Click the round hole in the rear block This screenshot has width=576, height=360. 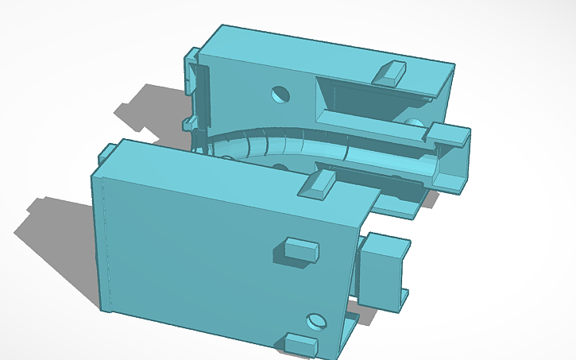tap(280, 95)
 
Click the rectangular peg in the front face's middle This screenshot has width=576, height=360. tap(301, 249)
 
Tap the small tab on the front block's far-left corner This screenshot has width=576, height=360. tap(105, 153)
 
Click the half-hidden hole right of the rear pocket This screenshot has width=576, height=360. tap(414, 124)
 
